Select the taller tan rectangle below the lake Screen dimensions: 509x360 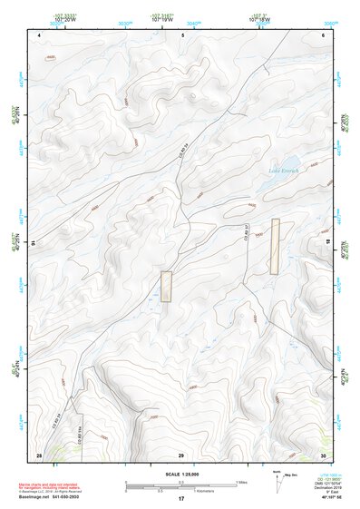tap(275, 246)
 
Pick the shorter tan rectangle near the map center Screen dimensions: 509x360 tap(166, 286)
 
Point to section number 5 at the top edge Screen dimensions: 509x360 tap(182, 35)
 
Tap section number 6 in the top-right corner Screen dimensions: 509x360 tap(323, 35)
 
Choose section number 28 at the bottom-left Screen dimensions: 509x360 tap(39, 454)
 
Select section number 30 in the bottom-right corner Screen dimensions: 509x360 tap(322, 454)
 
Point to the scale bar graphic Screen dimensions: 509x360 tap(180, 485)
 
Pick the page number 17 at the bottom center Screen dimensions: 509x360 tap(180, 500)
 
